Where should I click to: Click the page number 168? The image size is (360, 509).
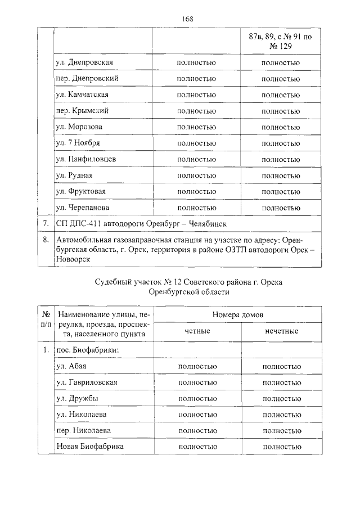[187, 19]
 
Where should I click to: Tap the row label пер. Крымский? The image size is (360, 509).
[82, 111]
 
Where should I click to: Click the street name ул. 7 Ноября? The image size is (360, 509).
[78, 143]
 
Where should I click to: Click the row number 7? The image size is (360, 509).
[45, 224]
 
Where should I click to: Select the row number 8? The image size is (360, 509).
[45, 240]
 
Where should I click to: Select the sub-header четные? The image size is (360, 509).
[197, 331]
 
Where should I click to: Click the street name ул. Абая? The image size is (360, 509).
[71, 366]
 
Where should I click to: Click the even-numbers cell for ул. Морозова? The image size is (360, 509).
[196, 127]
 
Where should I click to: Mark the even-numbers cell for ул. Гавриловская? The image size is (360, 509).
[196, 382]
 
